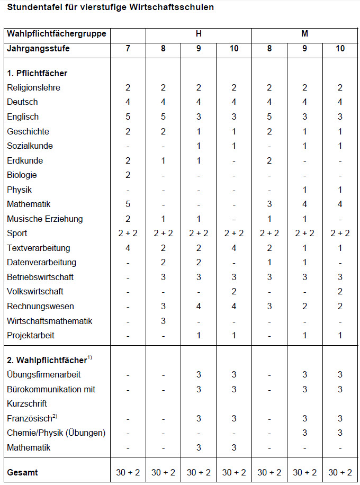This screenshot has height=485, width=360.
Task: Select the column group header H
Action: [x=199, y=34]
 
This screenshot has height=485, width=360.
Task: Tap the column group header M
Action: [x=304, y=34]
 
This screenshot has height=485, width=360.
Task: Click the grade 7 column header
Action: [x=128, y=48]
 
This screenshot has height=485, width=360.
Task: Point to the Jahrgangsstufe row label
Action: [x=38, y=48]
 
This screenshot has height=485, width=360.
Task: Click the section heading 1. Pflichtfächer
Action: [x=37, y=73]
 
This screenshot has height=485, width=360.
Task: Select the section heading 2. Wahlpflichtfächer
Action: [x=47, y=360]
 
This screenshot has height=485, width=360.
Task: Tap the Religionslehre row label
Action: [x=33, y=88]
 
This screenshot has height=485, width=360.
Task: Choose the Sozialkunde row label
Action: [x=30, y=146]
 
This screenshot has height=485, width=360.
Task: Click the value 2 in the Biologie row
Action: [x=128, y=175]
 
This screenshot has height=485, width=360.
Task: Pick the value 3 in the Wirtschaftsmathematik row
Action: [x=163, y=321]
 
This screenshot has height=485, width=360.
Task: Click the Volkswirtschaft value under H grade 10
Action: [x=234, y=292]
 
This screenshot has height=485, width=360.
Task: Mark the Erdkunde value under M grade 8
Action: [x=269, y=160]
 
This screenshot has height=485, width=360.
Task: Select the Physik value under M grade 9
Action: [x=304, y=190]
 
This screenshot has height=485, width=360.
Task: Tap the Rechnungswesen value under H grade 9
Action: [x=199, y=306]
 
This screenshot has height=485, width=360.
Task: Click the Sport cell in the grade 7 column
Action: [x=128, y=233]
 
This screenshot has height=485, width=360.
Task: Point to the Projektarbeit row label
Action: [x=31, y=335]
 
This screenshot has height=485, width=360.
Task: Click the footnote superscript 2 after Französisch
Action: [x=55, y=416]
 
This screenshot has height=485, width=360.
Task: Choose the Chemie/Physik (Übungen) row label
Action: [x=56, y=433]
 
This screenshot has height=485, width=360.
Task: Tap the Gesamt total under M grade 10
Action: [x=340, y=472]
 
